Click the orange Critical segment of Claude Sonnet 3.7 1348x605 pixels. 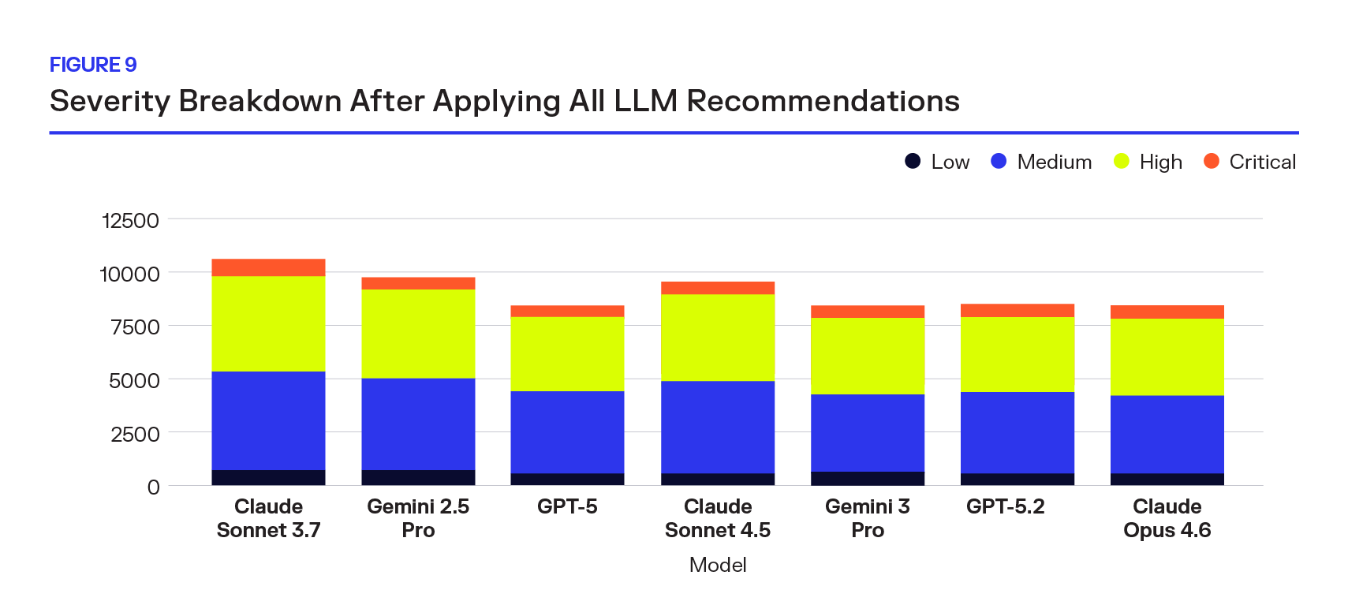coord(268,267)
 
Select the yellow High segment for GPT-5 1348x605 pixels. coord(567,353)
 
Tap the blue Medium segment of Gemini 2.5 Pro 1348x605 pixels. coord(418,424)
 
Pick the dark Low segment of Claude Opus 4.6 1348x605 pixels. coord(1167,479)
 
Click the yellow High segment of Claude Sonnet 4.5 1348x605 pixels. coord(718,338)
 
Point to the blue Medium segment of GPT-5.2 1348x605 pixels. coord(1017,432)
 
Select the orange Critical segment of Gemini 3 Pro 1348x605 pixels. coord(867,312)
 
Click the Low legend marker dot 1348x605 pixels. coord(913,161)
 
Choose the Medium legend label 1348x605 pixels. coord(1054,162)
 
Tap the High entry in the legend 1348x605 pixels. coord(1160,162)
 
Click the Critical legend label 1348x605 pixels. coord(1262,162)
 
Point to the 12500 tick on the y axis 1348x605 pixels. coord(130,221)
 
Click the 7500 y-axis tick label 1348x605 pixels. coord(135,327)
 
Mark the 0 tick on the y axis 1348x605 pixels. coord(153,487)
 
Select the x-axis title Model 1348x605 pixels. coord(718,565)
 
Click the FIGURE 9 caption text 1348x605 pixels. coord(93,65)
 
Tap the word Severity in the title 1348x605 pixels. coord(110,102)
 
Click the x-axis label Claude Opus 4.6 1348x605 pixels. coord(1167,518)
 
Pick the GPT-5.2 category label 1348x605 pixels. coord(1005,506)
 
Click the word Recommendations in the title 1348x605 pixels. coord(823,102)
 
